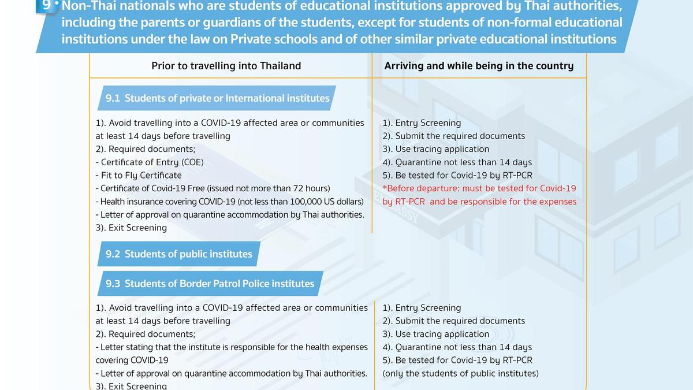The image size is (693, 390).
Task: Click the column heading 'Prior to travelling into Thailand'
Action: tap(226, 66)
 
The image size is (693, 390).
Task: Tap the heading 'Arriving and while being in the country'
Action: tap(479, 66)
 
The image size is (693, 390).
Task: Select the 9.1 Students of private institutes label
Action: tap(217, 98)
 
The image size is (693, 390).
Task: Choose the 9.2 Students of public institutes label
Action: tap(179, 254)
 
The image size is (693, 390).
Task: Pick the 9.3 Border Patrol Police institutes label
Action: tap(210, 284)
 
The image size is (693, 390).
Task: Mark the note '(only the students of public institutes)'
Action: tap(460, 373)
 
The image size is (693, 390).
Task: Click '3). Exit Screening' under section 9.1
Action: tap(131, 228)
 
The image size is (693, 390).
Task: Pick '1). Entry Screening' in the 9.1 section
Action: tap(422, 123)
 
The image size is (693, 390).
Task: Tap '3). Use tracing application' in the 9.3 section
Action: tap(435, 334)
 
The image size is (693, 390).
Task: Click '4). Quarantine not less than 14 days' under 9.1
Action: tap(457, 162)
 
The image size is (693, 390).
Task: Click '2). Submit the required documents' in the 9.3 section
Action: tap(453, 321)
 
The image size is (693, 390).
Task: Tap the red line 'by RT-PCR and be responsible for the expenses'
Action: tap(479, 202)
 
